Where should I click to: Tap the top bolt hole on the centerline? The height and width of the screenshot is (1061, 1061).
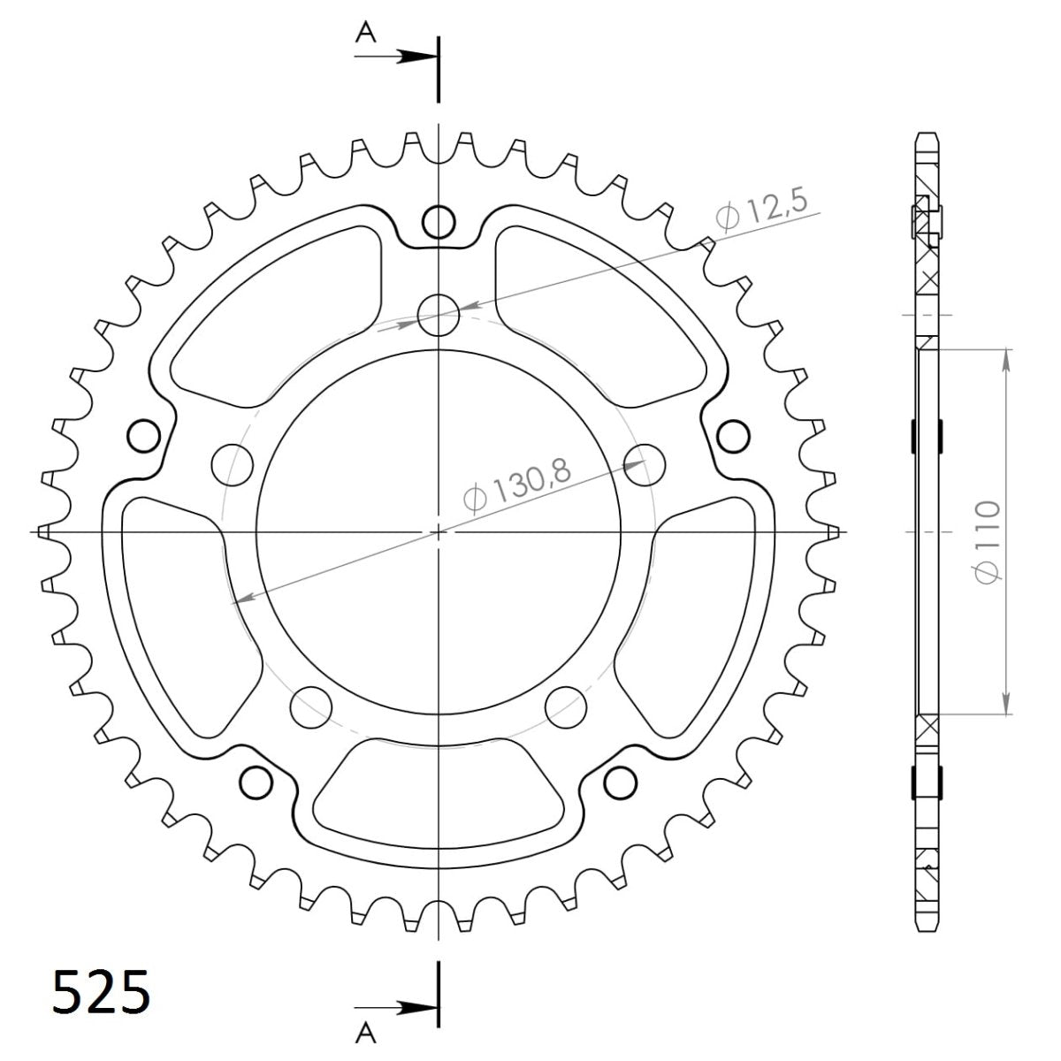(x=439, y=315)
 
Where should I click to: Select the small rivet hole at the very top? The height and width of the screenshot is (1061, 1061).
(x=439, y=221)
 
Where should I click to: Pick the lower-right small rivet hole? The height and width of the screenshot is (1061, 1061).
(x=621, y=782)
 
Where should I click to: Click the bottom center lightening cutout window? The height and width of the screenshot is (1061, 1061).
(x=439, y=782)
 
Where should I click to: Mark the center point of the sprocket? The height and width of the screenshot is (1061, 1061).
(x=439, y=531)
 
